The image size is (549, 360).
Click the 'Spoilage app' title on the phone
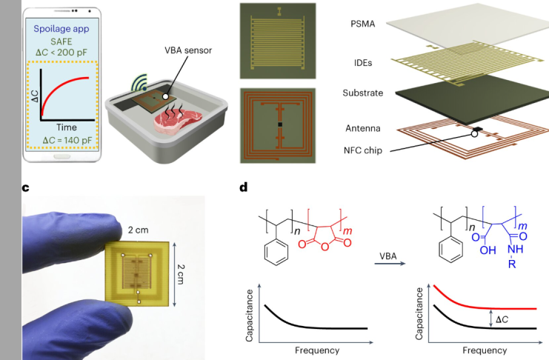[61, 29]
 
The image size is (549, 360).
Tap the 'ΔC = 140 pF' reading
[67, 141]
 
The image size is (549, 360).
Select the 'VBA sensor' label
[188, 50]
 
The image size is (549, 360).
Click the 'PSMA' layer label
[363, 24]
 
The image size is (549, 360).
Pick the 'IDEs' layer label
[363, 63]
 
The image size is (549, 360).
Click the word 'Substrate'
[363, 93]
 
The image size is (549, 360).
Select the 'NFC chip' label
[363, 150]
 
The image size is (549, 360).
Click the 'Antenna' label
[363, 129]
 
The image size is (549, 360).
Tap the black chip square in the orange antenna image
[280, 124]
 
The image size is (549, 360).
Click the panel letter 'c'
[25, 188]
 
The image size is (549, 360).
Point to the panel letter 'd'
[244, 187]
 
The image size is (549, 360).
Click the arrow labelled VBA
[390, 263]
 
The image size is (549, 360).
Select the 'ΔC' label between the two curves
[502, 319]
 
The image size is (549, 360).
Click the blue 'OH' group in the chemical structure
[488, 250]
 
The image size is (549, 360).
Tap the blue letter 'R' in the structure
[512, 264]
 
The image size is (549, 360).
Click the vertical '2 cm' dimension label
[181, 274]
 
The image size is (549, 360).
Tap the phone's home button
[61, 156]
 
